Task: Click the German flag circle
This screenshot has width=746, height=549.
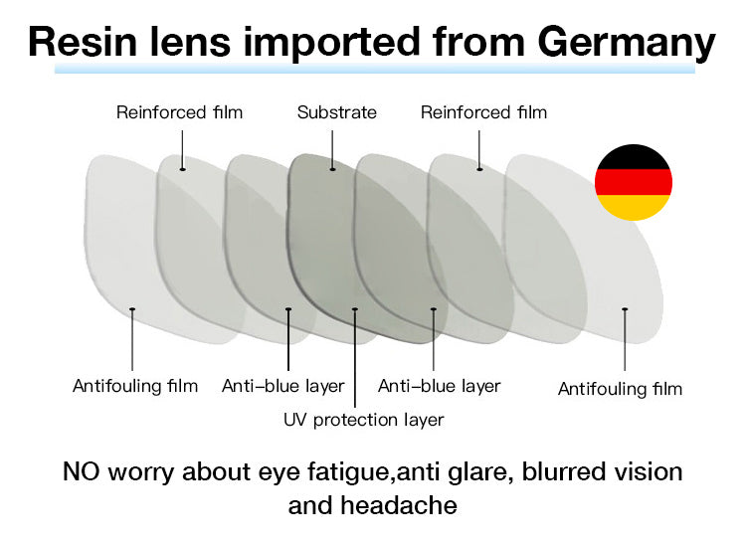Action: (x=634, y=182)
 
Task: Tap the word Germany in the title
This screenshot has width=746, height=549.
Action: (x=626, y=44)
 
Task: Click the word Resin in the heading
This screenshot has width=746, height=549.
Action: (x=83, y=42)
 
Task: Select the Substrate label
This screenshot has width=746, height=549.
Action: (x=337, y=112)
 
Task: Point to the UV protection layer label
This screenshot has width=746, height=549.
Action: (x=363, y=420)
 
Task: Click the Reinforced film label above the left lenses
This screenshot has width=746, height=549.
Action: (x=179, y=112)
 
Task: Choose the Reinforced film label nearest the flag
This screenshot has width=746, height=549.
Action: (x=483, y=112)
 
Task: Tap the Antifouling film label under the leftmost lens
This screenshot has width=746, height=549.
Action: (x=135, y=386)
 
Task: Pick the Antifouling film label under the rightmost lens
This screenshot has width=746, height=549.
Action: (x=620, y=389)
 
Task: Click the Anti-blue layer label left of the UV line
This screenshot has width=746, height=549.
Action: (x=283, y=386)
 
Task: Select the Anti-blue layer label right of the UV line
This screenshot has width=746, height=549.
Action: (x=439, y=386)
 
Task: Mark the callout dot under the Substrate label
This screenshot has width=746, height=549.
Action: (x=332, y=169)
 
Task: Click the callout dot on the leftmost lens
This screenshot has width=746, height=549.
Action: (x=132, y=309)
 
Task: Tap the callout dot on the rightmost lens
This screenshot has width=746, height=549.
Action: (x=625, y=309)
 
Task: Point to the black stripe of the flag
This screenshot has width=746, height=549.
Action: (x=634, y=157)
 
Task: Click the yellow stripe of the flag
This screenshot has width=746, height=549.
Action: (x=634, y=208)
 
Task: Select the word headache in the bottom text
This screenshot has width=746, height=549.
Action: (x=399, y=505)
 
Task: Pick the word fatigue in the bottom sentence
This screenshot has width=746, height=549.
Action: (x=351, y=472)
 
